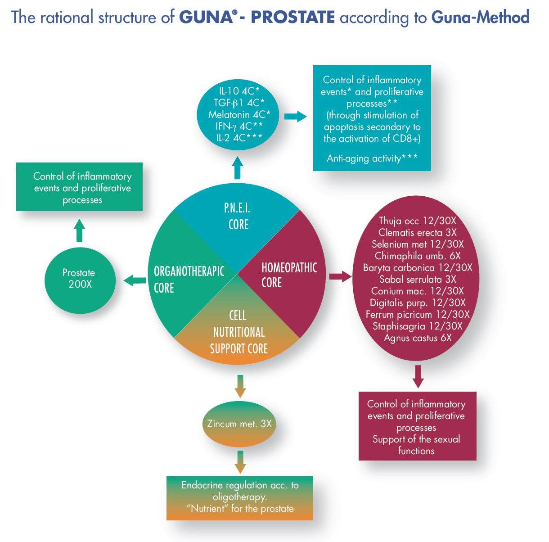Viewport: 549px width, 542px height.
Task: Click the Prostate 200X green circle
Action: pos(80,279)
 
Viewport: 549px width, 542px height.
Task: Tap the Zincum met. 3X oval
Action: pos(239,424)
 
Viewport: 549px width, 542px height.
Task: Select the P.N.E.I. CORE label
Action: pos(237,216)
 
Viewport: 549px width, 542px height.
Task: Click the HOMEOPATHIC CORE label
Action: pos(288,275)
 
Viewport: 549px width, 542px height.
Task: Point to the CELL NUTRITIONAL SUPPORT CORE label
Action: pos(238,332)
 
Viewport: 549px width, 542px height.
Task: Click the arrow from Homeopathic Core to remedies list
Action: pos(340,276)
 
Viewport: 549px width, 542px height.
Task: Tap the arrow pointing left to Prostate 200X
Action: pos(135,281)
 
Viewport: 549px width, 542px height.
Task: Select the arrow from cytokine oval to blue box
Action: pos(295,117)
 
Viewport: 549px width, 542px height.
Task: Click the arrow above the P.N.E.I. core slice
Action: pos(238,168)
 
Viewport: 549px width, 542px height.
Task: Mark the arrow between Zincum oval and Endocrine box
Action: pos(240,461)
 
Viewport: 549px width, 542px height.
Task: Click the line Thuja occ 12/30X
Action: pos(417,221)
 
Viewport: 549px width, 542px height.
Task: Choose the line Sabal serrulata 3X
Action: pos(417,279)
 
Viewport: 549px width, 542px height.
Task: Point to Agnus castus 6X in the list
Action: pos(417,338)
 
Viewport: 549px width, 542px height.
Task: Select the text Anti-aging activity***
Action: pos(372,158)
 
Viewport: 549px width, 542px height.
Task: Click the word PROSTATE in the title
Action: pos(292,17)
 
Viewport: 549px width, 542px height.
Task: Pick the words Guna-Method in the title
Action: pos(480,17)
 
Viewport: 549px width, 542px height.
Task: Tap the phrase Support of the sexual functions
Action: pos(416,445)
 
